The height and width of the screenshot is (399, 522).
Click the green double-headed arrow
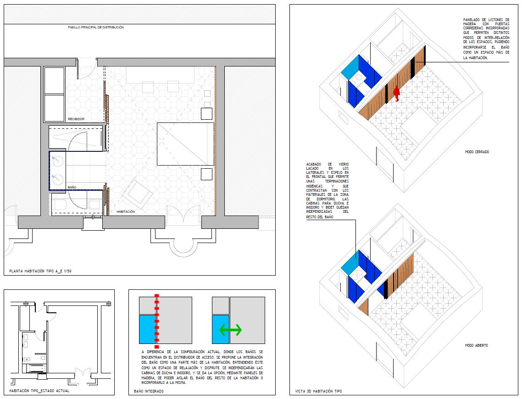[230, 330]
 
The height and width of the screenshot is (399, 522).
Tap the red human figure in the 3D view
[396, 94]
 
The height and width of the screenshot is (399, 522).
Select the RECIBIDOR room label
[76, 119]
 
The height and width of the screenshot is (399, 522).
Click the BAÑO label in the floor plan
[72, 188]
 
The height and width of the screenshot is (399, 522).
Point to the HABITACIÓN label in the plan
[126, 211]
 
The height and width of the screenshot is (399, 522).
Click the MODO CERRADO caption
[477, 152]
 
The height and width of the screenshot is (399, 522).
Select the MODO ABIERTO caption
[477, 345]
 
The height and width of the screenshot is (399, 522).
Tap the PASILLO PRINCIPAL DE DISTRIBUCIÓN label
[96, 27]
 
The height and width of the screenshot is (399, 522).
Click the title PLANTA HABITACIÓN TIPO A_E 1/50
[40, 271]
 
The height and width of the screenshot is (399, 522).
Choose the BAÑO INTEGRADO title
[149, 391]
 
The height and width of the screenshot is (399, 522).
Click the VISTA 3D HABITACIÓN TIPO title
[318, 391]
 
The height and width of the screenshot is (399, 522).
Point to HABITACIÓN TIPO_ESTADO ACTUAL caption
[39, 391]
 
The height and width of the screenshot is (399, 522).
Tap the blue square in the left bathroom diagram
[148, 329]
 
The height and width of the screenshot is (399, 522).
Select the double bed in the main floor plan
[185, 144]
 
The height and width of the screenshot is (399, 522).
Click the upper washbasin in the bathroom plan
[58, 161]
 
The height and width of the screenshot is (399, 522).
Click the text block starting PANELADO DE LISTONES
[486, 39]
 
